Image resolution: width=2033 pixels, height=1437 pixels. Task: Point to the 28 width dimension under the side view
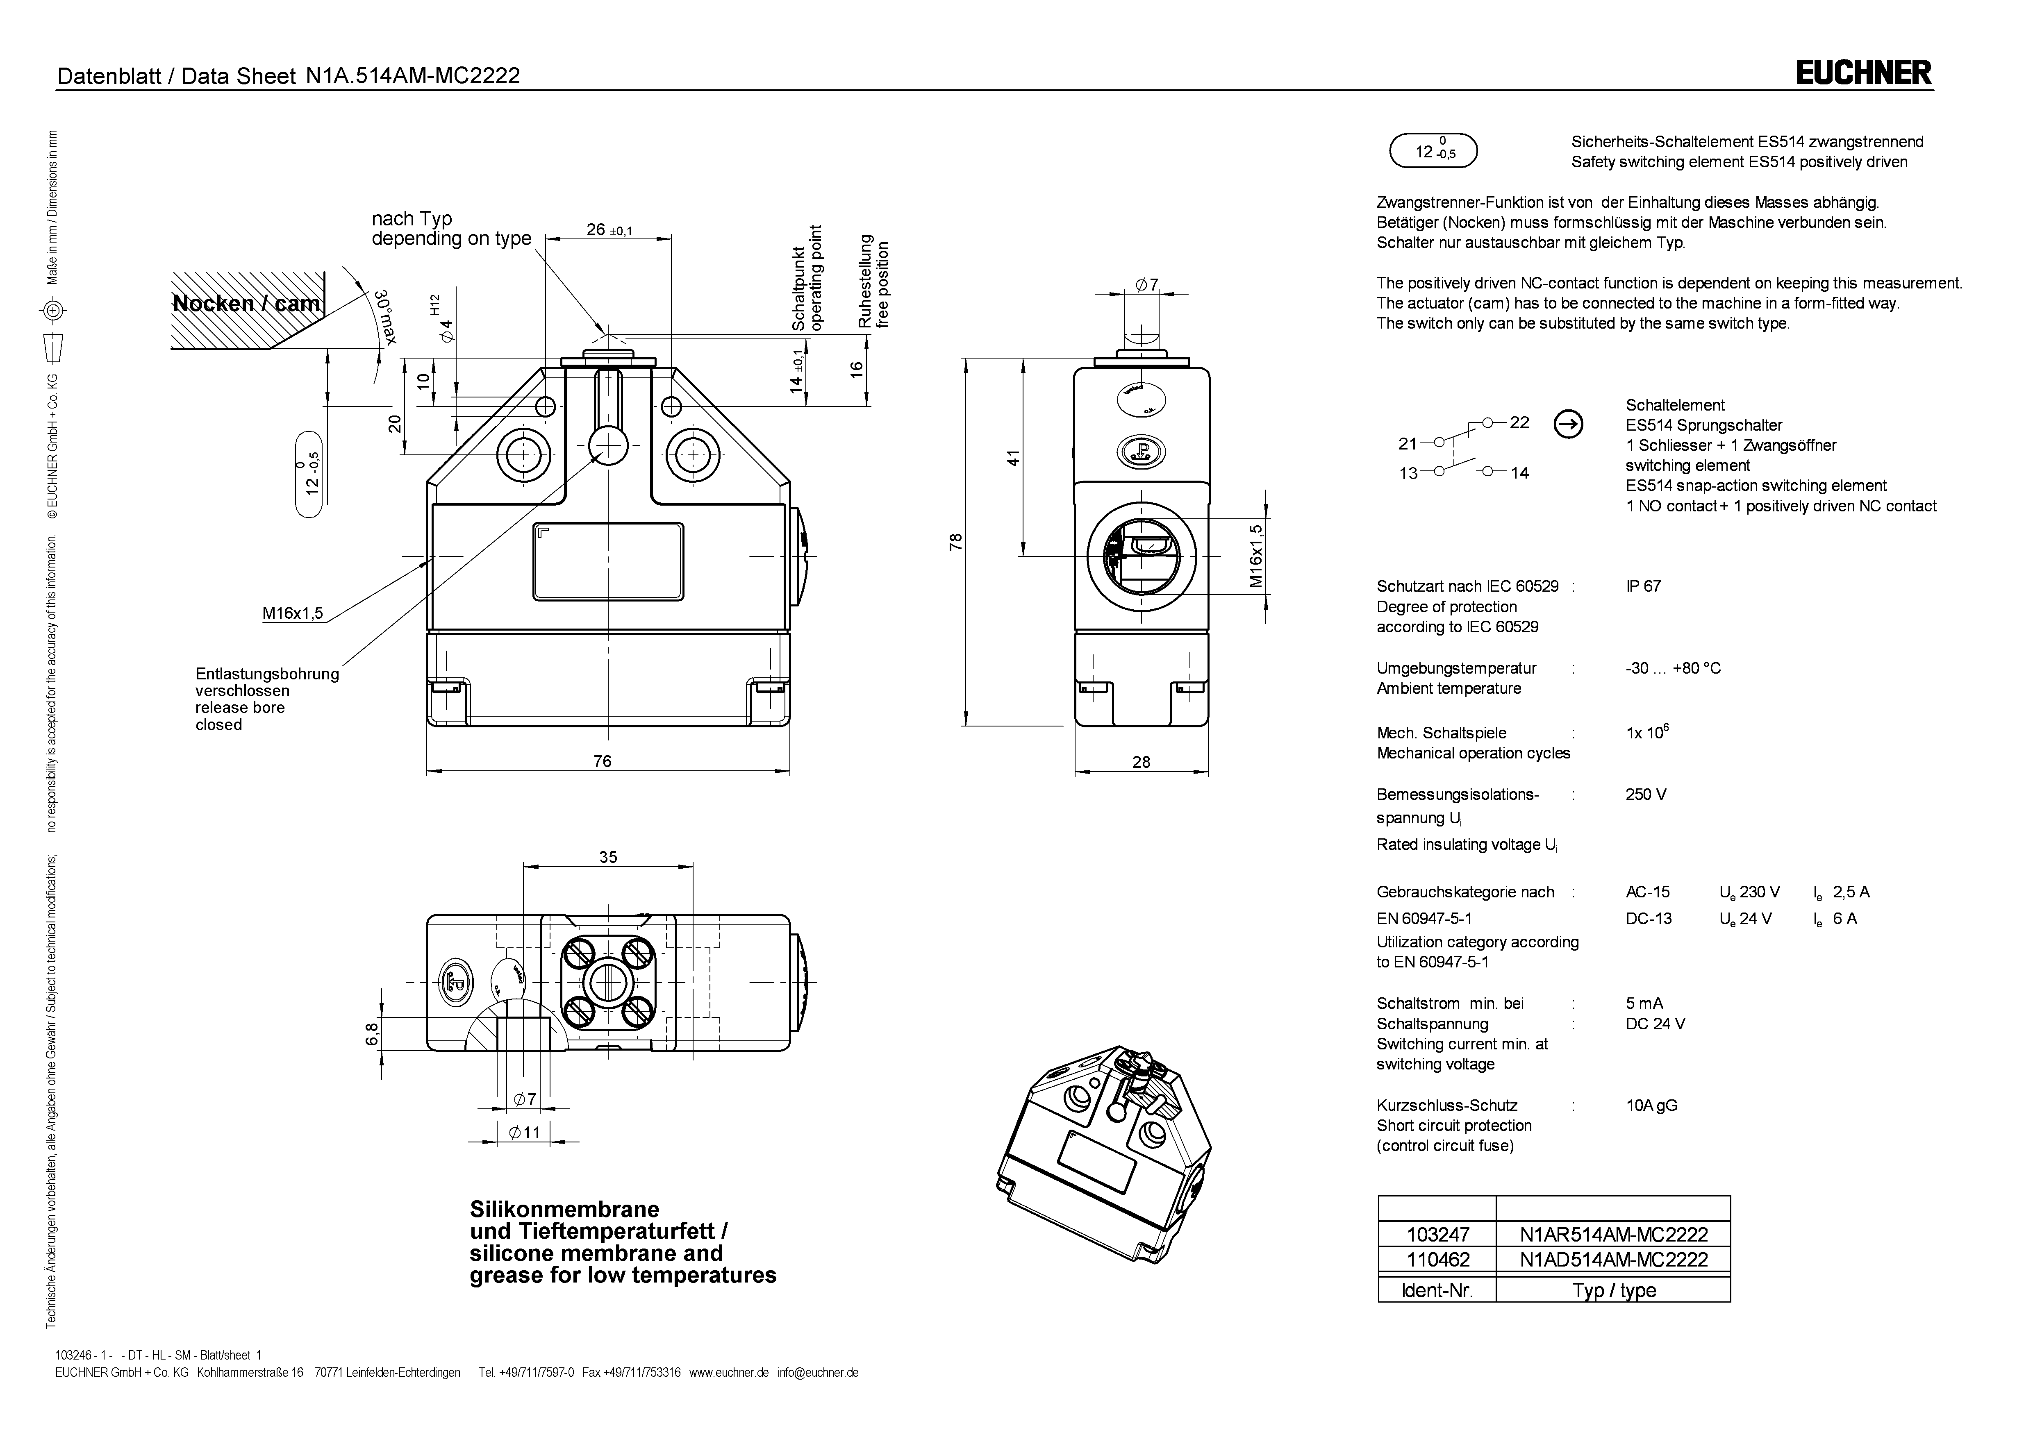point(1142,761)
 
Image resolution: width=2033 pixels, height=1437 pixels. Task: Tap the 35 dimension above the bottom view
point(608,857)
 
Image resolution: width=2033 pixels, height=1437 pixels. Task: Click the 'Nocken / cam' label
point(246,304)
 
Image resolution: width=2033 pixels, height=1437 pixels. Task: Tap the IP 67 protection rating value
point(1643,586)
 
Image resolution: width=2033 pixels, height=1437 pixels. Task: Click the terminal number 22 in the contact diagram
point(1519,422)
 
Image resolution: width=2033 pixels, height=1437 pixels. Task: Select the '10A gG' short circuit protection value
point(1651,1105)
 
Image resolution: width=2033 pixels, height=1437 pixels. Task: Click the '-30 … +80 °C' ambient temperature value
point(1673,668)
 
